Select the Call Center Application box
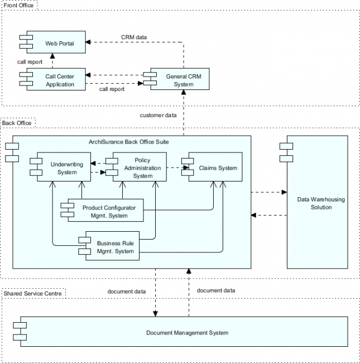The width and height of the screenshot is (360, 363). [x=59, y=80]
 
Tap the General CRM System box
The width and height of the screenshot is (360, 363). [x=180, y=80]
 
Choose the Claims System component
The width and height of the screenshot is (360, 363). [x=218, y=168]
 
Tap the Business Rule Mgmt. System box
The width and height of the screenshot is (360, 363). [x=115, y=247]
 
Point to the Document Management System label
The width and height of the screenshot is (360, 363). [x=187, y=333]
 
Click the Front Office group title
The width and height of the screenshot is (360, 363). [x=19, y=5]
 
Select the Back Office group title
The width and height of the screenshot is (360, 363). [x=17, y=122]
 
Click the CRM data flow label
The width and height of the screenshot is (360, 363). [x=134, y=37]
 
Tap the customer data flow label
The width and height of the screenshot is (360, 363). [x=158, y=115]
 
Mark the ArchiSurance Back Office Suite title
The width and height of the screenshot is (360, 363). [x=128, y=142]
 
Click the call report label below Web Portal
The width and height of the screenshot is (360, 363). [x=30, y=62]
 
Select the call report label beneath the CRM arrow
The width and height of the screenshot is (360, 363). [x=112, y=89]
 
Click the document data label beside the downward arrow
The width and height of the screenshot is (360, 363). [x=127, y=291]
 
